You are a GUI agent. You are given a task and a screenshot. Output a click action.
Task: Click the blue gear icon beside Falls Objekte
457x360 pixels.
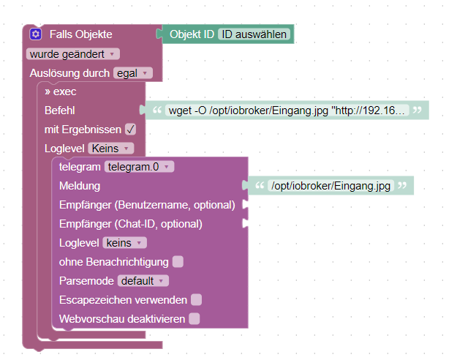[36, 34]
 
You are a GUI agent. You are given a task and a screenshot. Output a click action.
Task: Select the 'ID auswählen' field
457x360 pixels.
[254, 34]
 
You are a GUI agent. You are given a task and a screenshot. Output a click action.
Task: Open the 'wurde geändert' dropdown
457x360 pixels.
[73, 54]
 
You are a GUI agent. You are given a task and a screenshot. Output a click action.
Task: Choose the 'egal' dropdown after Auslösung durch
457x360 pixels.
[132, 73]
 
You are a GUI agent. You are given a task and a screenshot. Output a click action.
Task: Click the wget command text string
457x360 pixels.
[287, 110]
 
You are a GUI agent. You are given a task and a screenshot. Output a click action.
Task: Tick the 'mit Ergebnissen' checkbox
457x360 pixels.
[130, 130]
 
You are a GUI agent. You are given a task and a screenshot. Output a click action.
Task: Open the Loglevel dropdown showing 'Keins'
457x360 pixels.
[111, 149]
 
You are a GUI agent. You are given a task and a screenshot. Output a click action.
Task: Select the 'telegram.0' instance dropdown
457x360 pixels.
[140, 167]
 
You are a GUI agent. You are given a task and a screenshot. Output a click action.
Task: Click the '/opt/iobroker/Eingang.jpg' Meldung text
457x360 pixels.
[331, 186]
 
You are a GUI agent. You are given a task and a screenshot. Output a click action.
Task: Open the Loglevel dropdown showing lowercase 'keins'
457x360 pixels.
[124, 243]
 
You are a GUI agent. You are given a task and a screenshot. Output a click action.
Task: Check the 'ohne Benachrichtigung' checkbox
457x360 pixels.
[178, 262]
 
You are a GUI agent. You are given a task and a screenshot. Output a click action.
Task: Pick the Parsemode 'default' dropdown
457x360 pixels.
[143, 281]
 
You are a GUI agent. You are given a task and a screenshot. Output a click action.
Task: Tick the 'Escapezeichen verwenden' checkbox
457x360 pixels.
[196, 299]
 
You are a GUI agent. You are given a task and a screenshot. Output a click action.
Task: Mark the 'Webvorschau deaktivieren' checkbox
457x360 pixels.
[194, 318]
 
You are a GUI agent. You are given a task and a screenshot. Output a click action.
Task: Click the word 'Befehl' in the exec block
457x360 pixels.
[60, 110]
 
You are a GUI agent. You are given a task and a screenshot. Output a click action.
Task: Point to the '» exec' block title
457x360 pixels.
[61, 91]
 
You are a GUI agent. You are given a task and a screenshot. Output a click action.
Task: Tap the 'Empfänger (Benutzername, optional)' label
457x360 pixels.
[147, 205]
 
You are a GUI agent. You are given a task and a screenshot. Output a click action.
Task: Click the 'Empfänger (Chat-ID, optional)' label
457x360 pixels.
[131, 224]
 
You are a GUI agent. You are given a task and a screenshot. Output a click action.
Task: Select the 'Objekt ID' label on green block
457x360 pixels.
[192, 34]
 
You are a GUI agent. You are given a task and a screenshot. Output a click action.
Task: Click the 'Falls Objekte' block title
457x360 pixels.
[80, 34]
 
